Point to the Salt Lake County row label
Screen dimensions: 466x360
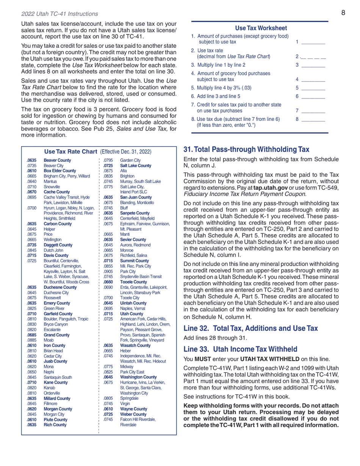[135, 166]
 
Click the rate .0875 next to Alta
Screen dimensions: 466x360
[108, 171]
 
